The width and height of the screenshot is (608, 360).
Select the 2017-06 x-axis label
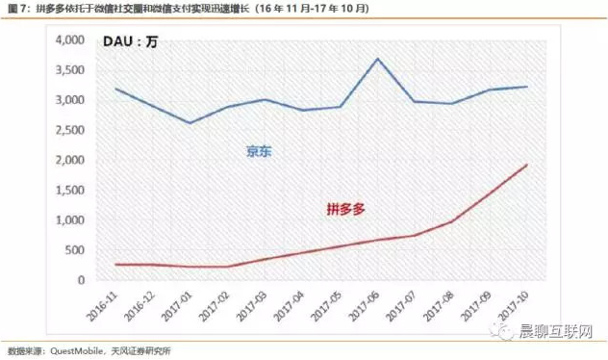pyautogui.click(x=367, y=301)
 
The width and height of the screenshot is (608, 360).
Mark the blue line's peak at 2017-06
pyautogui.click(x=378, y=59)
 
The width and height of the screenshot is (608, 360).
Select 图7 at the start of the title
pyautogui.click(x=16, y=9)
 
